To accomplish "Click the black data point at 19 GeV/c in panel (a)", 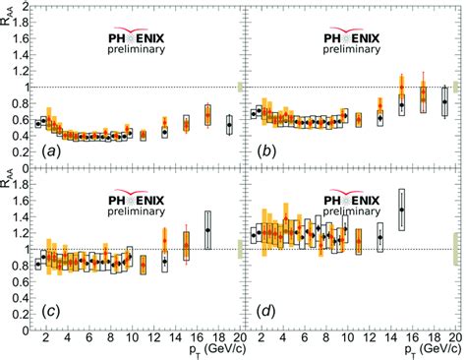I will click(229, 126).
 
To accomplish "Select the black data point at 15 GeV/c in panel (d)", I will click(401, 210).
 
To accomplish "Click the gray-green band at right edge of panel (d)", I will click(453, 250).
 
